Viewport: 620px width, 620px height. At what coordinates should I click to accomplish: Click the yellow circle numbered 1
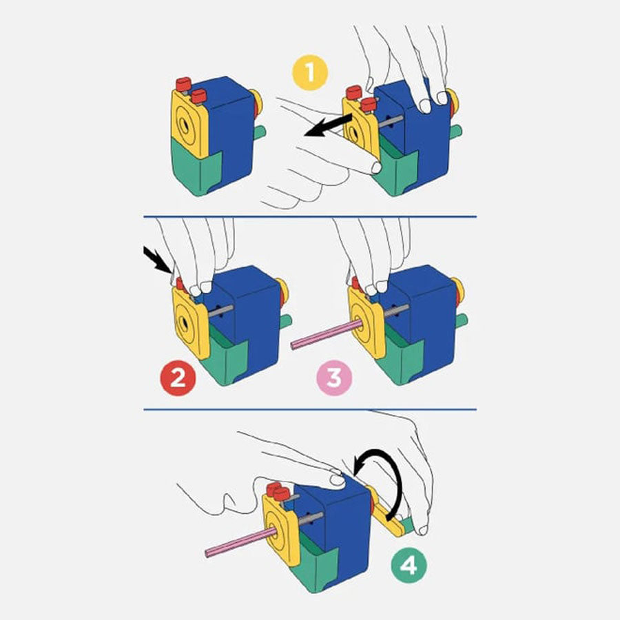[310, 73]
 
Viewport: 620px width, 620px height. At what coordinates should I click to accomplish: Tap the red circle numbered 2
[178, 378]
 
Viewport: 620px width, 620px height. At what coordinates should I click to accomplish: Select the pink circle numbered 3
[334, 378]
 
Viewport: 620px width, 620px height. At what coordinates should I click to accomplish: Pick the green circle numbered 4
[409, 566]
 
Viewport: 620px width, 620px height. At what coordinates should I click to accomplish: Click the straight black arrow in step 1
[328, 125]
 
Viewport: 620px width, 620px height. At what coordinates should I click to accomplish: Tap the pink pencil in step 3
[327, 335]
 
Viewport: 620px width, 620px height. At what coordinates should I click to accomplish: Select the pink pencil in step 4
[241, 544]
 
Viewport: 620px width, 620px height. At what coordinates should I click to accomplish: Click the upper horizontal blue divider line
[310, 217]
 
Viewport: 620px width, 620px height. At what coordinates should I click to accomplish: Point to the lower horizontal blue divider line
[310, 410]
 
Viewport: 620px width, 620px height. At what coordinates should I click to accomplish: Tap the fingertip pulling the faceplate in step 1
[375, 167]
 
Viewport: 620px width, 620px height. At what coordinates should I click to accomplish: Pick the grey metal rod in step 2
[221, 311]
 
